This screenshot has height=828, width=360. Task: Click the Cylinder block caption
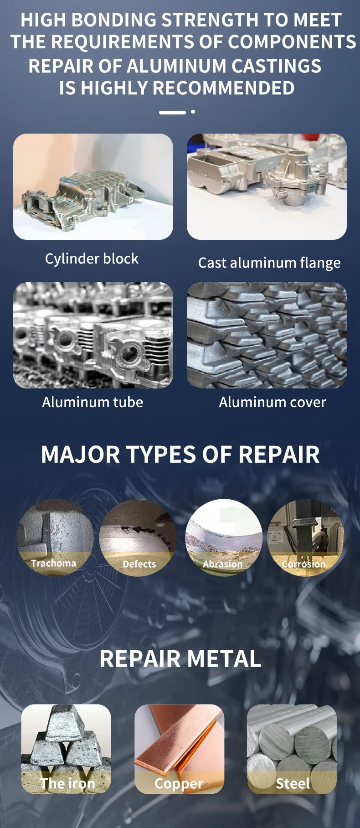click(92, 259)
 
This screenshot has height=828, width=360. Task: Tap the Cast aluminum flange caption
click(269, 263)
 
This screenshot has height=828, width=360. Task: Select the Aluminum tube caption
click(93, 402)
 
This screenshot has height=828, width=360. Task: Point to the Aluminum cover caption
click(273, 402)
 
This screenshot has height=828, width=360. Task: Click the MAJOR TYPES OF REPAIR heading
click(180, 455)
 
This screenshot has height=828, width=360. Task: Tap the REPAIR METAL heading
click(180, 659)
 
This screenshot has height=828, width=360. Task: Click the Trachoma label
click(54, 563)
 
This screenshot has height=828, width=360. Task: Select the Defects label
click(139, 564)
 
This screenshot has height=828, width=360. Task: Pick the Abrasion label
click(223, 564)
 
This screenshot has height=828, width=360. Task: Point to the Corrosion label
click(304, 564)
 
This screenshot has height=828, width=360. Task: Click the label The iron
click(67, 783)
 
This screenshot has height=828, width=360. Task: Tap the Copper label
click(179, 784)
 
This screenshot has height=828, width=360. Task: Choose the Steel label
click(293, 783)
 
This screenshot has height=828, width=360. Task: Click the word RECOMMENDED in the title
click(188, 88)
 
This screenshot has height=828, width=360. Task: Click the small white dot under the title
click(193, 112)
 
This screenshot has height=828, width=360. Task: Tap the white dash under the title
click(172, 112)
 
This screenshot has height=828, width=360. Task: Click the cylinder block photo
click(93, 186)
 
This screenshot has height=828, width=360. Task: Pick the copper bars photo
click(180, 749)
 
